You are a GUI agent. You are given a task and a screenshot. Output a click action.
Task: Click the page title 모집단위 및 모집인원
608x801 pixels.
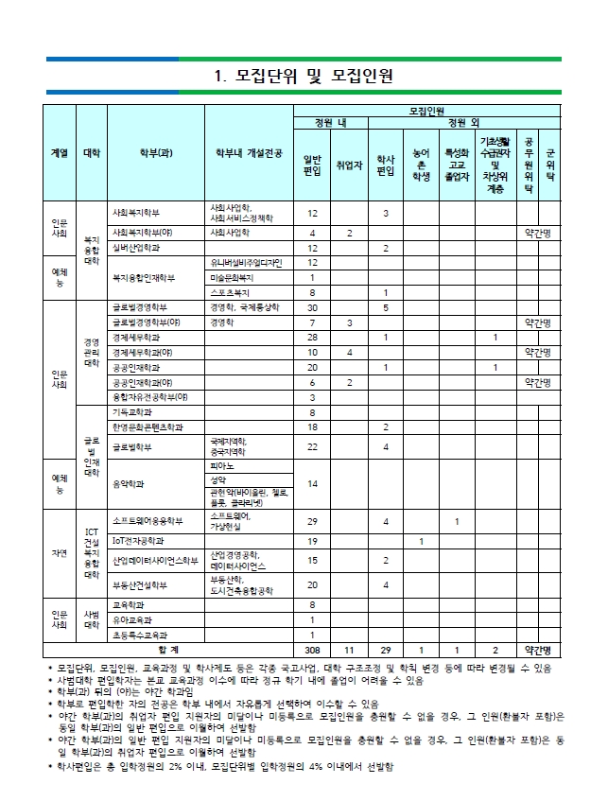[x=304, y=75]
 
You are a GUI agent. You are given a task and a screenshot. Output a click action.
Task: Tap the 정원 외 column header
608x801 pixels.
[x=462, y=123]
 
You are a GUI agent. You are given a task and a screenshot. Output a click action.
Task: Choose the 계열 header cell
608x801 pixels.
[x=59, y=154]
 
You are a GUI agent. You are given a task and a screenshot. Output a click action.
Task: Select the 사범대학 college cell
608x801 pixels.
[x=93, y=619]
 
